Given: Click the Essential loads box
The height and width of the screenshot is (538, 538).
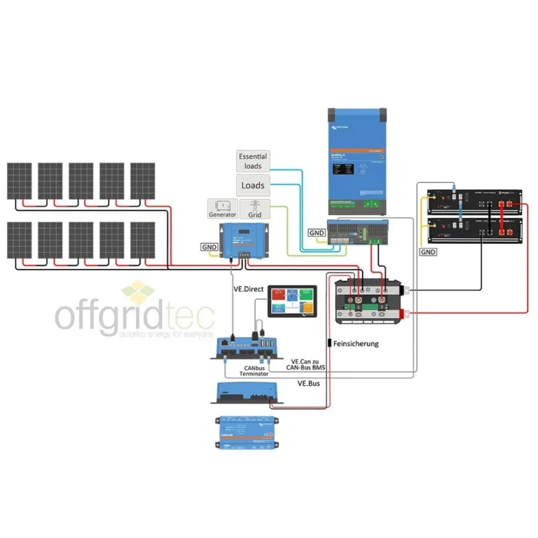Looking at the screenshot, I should [252, 162].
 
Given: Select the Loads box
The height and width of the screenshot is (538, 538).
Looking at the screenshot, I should [252, 186].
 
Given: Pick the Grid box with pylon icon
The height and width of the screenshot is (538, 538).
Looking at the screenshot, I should [255, 209].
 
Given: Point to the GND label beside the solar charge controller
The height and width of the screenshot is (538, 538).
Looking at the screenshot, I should [209, 247].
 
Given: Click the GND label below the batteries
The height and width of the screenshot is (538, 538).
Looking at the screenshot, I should [428, 251].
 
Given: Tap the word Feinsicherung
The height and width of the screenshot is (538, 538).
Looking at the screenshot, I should [357, 343].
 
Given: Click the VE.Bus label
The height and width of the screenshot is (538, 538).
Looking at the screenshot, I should [309, 384].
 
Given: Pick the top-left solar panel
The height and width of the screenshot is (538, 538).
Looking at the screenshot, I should [20, 181].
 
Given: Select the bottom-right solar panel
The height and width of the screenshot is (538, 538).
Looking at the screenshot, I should [143, 240].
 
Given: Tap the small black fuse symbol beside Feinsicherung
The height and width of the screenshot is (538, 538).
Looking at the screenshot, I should [329, 343].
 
